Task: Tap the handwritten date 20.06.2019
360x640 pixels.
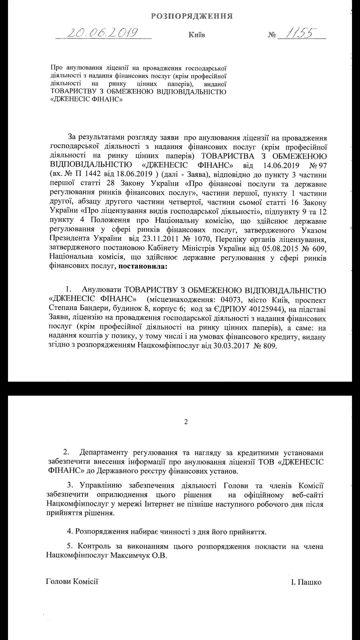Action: (103, 32)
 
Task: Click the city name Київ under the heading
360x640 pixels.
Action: (196, 35)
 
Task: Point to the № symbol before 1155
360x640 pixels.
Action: (272, 35)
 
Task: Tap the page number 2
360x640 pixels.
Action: (186, 422)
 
